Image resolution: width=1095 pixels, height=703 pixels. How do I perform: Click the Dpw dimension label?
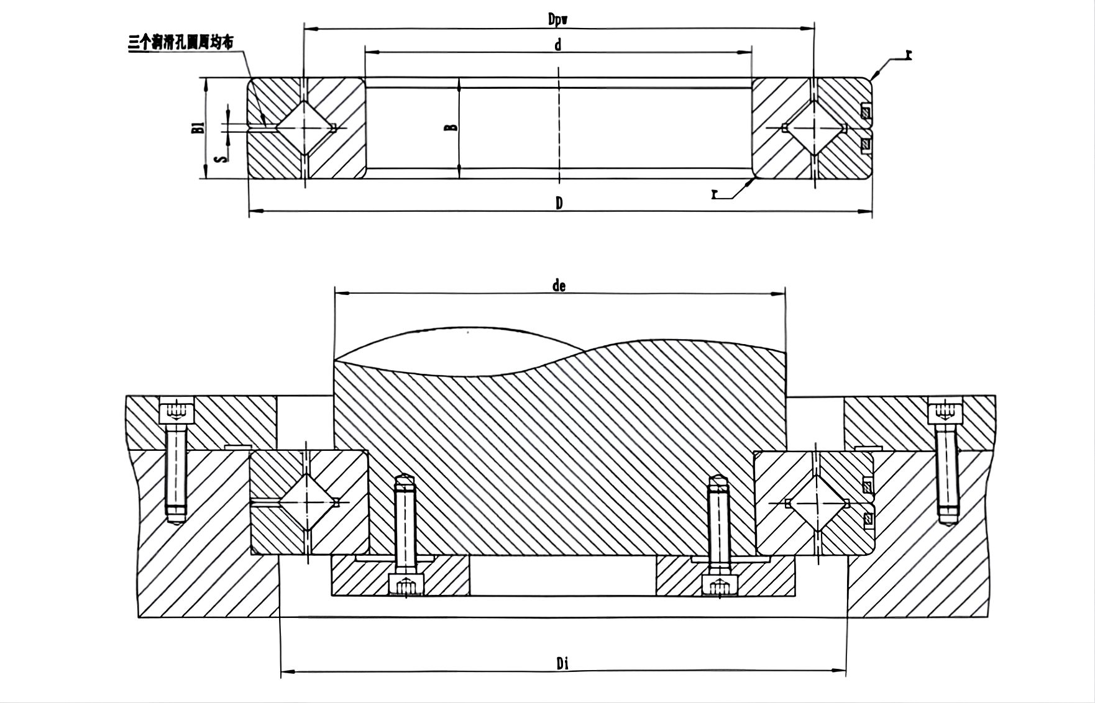pos(558,20)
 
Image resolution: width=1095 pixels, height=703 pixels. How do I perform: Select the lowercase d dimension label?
pos(558,45)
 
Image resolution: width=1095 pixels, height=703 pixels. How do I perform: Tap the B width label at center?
pos(452,127)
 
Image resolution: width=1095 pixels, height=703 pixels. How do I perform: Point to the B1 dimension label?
pos(198,129)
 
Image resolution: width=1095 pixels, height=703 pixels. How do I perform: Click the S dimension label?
pos(220,158)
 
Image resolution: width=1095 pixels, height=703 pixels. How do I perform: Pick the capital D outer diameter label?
pos(559,203)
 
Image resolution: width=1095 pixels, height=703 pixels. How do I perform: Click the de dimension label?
pos(559,286)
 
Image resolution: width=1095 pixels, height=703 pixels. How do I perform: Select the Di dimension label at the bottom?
pos(562,664)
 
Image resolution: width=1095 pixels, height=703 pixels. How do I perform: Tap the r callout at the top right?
pos(908,55)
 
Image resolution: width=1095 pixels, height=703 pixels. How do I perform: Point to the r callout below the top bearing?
pos(716,194)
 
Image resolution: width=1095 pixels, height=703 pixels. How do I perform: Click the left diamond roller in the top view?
pos(304,127)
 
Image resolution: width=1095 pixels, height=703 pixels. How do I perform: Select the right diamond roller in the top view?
pos(813,128)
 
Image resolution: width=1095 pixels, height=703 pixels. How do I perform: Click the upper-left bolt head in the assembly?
pos(176,412)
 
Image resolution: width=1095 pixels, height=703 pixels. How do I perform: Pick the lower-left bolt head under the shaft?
pos(405,585)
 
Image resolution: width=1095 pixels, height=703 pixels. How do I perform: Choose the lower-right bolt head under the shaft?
pos(718,585)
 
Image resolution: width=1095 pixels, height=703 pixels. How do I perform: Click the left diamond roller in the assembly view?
pos(307,502)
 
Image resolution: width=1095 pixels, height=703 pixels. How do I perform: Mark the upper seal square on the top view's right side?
pos(864,112)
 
